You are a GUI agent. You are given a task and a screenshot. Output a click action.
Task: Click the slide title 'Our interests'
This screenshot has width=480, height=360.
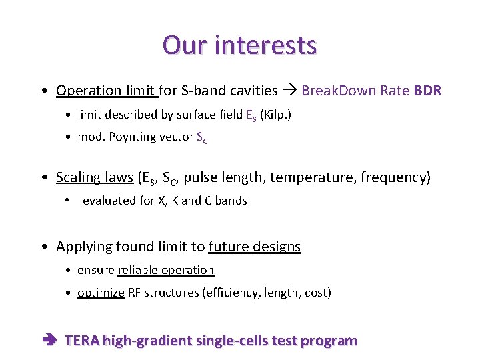click(239, 45)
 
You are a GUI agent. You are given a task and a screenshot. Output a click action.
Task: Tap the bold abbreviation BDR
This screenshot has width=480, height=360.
click(427, 91)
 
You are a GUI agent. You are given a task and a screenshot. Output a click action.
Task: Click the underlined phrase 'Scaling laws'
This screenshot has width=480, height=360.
click(94, 177)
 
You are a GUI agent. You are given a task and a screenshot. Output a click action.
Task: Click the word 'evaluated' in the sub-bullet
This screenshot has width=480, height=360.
click(107, 201)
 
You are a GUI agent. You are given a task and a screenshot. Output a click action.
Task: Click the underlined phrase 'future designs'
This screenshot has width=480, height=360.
click(254, 247)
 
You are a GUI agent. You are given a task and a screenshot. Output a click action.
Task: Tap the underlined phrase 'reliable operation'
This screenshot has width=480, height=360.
click(165, 270)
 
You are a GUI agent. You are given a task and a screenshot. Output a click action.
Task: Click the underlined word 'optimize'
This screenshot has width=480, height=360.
click(101, 293)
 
